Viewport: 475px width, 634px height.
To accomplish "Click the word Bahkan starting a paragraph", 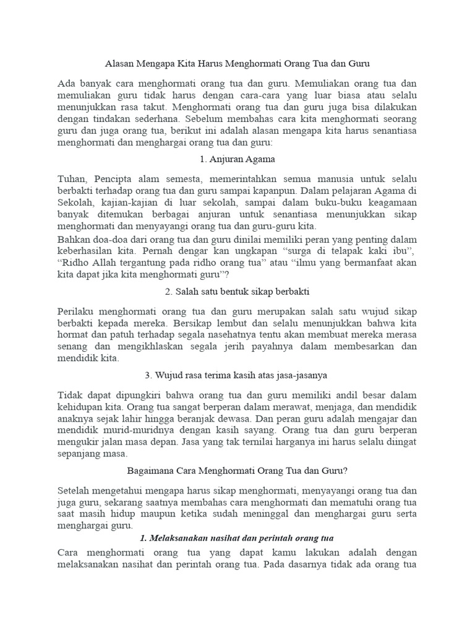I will point(74,240).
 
